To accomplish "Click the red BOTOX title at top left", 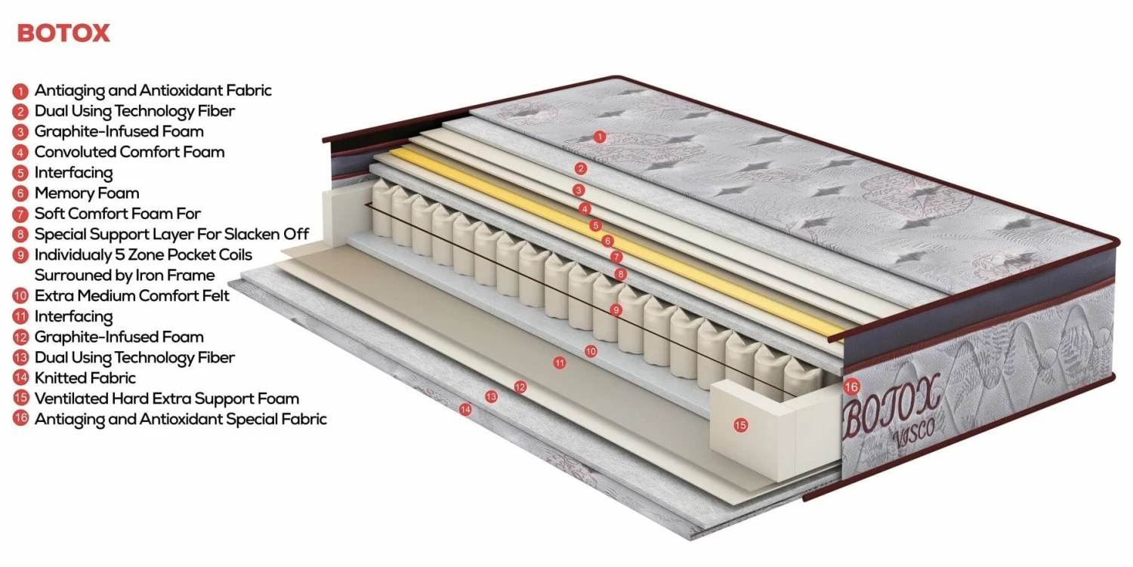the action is [63, 33].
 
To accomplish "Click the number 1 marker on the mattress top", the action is [600, 137].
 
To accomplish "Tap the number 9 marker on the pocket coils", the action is [616, 310].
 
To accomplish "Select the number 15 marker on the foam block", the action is [740, 425].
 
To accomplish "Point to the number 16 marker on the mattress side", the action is [851, 387].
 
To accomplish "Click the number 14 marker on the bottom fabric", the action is [465, 409].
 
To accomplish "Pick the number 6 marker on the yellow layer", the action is [607, 241].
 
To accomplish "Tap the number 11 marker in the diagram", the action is [559, 362].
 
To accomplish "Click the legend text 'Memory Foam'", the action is [87, 193].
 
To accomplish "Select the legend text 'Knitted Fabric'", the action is [85, 377].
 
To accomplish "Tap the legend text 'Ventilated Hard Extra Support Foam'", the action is [167, 399].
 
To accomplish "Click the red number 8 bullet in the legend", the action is [20, 234].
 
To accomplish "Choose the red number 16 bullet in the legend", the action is [20, 419].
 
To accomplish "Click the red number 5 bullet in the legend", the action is [20, 173].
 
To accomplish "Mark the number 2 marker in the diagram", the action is [581, 168].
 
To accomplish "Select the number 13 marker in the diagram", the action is [491, 396].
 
